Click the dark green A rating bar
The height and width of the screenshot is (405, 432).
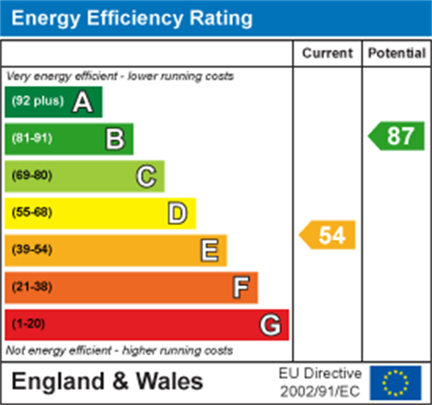(54, 102)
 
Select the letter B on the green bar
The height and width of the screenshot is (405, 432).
(115, 139)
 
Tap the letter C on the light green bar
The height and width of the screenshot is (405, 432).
(146, 176)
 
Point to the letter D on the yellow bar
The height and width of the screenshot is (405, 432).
(177, 213)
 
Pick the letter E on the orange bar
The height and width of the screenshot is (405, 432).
(209, 250)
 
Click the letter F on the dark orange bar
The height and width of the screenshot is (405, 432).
(240, 287)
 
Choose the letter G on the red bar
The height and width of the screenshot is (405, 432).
(271, 325)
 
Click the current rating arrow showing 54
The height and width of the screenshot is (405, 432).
(328, 235)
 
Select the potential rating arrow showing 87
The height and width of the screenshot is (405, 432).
(397, 135)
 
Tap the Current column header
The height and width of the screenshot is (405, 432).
(327, 53)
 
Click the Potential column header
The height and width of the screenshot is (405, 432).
(397, 53)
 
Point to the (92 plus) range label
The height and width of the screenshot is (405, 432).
(38, 101)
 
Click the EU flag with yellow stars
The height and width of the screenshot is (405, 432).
(395, 383)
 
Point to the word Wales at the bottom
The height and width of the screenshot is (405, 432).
(169, 382)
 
